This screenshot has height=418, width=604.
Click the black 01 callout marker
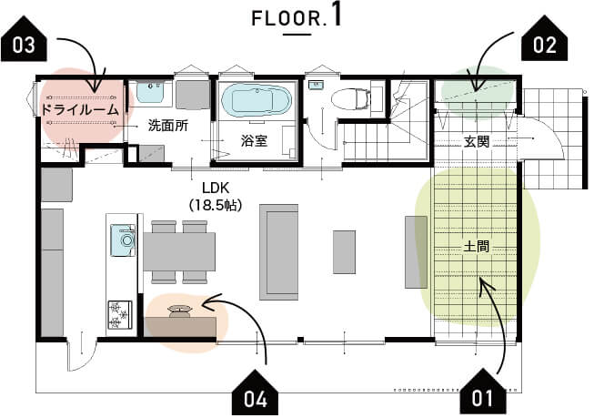tap(483, 392)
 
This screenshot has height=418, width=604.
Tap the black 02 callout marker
tap(544, 38)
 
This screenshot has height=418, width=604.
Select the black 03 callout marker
tap(24, 38)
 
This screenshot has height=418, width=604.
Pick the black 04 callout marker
tap(255, 393)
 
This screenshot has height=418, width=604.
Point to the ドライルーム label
tap(80, 110)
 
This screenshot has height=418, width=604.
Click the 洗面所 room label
tap(168, 126)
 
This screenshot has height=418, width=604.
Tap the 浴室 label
tap(254, 141)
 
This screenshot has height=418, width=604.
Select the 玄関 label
tap(477, 142)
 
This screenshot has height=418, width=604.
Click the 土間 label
tap(477, 246)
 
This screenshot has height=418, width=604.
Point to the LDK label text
tap(216, 188)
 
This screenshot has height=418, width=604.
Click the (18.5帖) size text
tap(216, 205)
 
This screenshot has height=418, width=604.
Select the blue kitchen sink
tap(123, 240)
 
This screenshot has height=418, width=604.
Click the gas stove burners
tap(119, 314)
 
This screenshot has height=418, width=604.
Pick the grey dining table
tap(179, 251)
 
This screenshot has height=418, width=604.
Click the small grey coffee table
tap(345, 252)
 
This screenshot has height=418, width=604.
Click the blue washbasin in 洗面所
tap(151, 91)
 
